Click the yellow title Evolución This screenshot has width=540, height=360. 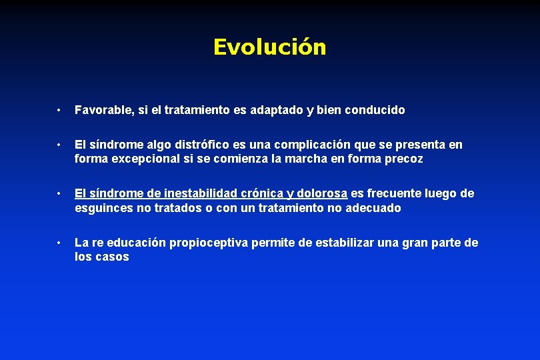click(x=269, y=47)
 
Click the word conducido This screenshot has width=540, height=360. click(x=375, y=110)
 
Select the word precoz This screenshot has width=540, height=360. click(x=402, y=159)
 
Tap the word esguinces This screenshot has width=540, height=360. click(x=103, y=208)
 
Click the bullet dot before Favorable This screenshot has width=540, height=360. click(x=59, y=110)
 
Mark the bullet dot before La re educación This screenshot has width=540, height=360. click(x=59, y=243)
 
